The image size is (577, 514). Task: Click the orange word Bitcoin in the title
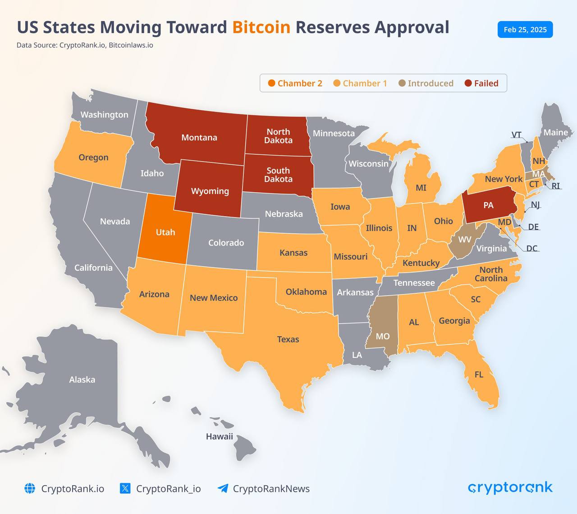[x=261, y=28]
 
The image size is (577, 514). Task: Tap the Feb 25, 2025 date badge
[x=525, y=29]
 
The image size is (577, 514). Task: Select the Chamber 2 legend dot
[x=271, y=83]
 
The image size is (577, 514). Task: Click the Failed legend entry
[x=481, y=83]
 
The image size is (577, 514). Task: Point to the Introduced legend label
[x=430, y=83]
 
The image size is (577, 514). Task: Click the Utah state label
[x=165, y=232]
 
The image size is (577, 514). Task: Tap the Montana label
[x=199, y=137]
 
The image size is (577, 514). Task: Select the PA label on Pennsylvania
[x=489, y=205]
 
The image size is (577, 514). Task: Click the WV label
[x=465, y=240]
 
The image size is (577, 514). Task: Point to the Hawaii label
[x=219, y=436]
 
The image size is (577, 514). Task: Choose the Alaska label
[x=82, y=380]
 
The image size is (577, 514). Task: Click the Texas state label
[x=288, y=339]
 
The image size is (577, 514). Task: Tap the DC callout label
[x=532, y=248]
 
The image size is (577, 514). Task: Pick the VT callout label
[x=516, y=134]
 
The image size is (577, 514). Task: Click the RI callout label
[x=556, y=186]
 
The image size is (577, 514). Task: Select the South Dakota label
[x=278, y=175]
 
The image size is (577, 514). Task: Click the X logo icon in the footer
[x=125, y=488]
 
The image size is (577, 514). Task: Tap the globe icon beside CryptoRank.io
[x=30, y=488]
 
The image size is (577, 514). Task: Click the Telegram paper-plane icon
[x=223, y=488]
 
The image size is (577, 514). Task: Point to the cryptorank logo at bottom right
[x=510, y=488]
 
